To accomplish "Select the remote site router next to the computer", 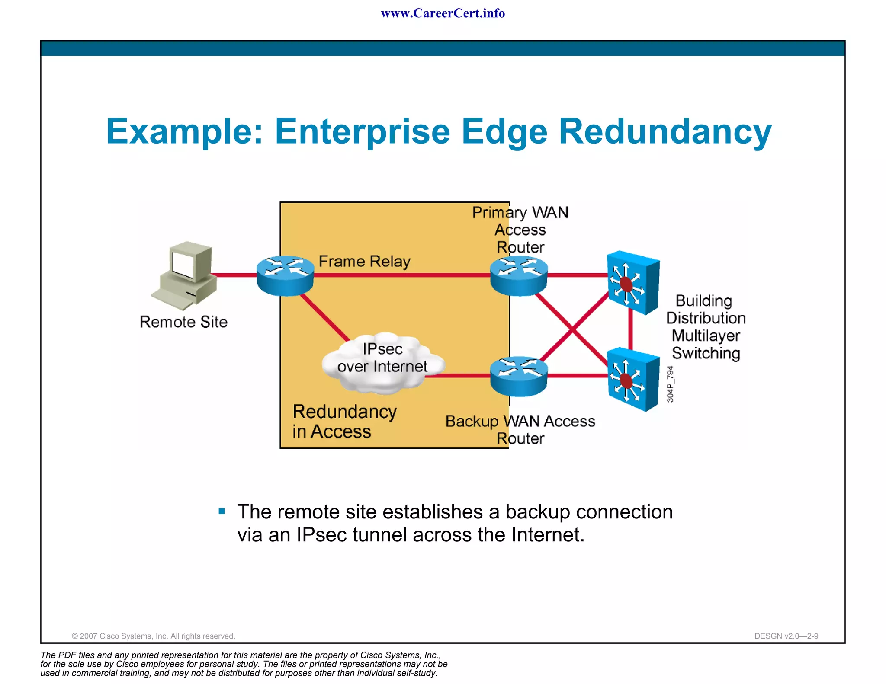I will pyautogui.click(x=285, y=275).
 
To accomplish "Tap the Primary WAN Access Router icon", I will pyautogui.click(x=519, y=275).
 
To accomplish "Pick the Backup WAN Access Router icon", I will pyautogui.click(x=519, y=376).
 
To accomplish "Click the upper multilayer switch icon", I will pyautogui.click(x=632, y=282).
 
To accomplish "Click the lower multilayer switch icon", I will pyautogui.click(x=632, y=379).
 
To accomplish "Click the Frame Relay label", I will pyautogui.click(x=364, y=262).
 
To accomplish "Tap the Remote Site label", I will pyautogui.click(x=183, y=322).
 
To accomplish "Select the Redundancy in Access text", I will pyautogui.click(x=344, y=422).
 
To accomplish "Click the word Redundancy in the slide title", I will pyautogui.click(x=665, y=132).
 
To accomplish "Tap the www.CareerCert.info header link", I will pyautogui.click(x=443, y=13).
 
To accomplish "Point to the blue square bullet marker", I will pyautogui.click(x=222, y=511).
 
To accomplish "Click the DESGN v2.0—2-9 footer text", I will pyautogui.click(x=786, y=636).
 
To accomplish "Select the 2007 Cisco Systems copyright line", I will pyautogui.click(x=153, y=636).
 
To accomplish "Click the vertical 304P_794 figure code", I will pyautogui.click(x=670, y=384).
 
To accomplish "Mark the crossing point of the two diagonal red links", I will pyautogui.click(x=572, y=330).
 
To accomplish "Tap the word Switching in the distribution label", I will pyautogui.click(x=706, y=353).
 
